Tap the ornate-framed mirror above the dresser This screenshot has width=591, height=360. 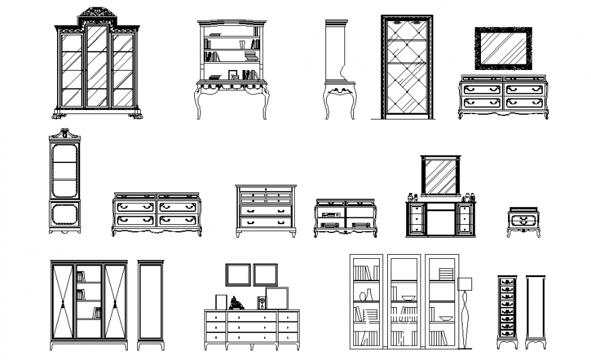click(503, 48)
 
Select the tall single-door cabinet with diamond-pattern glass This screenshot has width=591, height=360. click(406, 67)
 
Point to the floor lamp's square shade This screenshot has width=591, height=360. click(465, 283)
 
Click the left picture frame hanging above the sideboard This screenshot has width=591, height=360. click(238, 274)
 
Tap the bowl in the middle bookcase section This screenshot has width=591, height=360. click(408, 298)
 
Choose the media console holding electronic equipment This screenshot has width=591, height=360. click(344, 217)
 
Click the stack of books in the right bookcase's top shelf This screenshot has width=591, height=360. click(444, 273)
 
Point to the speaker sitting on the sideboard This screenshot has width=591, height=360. click(262, 302)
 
